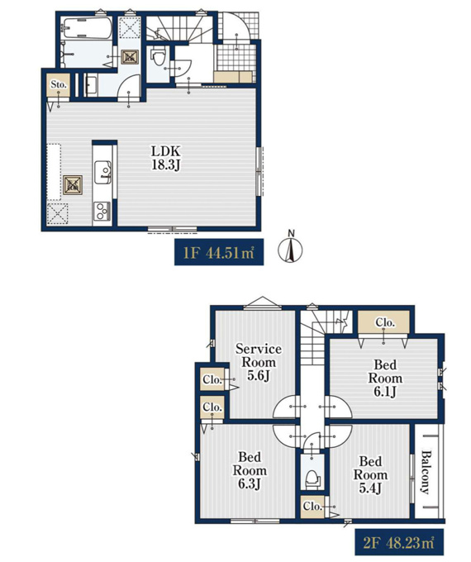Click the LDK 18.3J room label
(x=165, y=158)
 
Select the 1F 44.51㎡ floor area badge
(x=219, y=252)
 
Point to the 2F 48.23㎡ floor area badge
(x=399, y=542)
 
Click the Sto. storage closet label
(x=59, y=84)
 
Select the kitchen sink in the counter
(x=102, y=172)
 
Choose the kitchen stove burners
(x=102, y=212)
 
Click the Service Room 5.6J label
(x=258, y=362)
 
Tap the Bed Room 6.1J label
(x=385, y=379)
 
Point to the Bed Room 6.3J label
(x=250, y=470)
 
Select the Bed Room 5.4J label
(x=371, y=475)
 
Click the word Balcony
(x=426, y=473)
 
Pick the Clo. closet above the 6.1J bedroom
(x=384, y=322)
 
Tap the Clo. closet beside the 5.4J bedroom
(x=312, y=507)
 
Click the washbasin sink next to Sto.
(x=91, y=86)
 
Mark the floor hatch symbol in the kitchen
(x=73, y=185)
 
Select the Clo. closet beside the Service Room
(x=212, y=379)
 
